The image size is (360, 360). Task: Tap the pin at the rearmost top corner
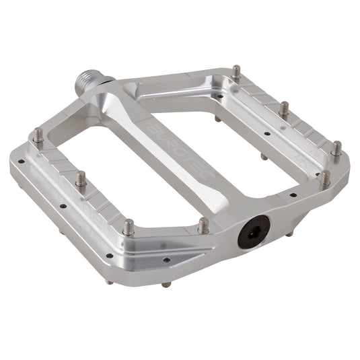(x=236, y=71)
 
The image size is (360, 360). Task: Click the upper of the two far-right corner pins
(x=335, y=148)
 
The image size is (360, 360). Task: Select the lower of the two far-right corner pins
(x=325, y=179)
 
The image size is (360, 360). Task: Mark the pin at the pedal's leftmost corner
(x=38, y=136)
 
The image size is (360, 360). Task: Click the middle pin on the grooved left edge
(x=81, y=180)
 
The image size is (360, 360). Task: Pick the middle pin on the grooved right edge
(x=285, y=108)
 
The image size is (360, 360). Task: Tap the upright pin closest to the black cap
(x=203, y=225)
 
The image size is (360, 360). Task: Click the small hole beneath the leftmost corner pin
(x=22, y=161)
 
